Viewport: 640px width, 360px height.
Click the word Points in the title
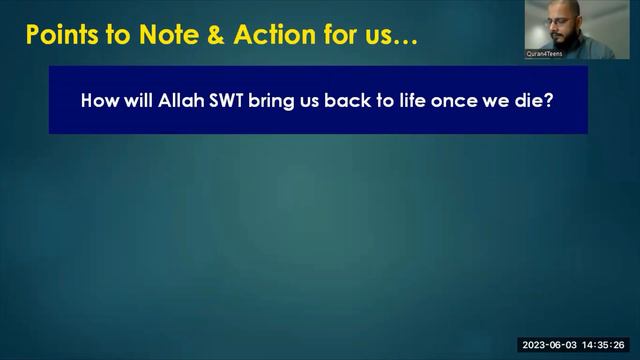tap(61, 37)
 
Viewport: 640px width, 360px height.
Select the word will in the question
tap(136, 101)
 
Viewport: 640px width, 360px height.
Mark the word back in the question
tap(344, 101)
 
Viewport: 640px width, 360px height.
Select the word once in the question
tap(461, 101)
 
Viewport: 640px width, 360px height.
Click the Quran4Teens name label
tap(545, 54)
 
